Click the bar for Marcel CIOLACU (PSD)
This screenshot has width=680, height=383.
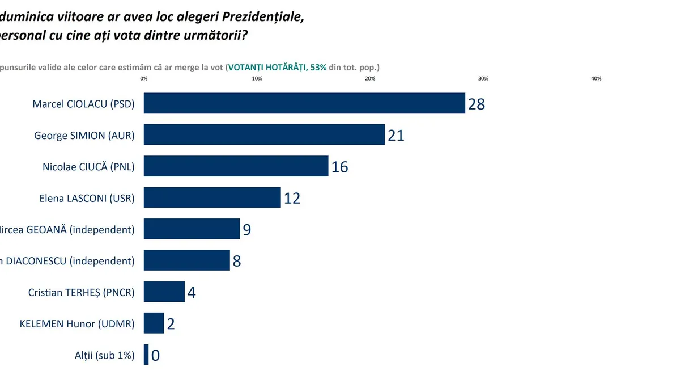point(304,103)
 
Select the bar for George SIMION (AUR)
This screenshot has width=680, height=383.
point(264,134)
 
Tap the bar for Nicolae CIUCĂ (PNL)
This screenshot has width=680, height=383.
point(236,166)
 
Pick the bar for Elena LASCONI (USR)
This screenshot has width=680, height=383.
point(212,197)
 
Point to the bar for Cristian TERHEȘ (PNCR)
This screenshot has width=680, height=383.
point(164,292)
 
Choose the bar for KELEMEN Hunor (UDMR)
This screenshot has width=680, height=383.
point(154,323)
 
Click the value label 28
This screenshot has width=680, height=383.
point(477,104)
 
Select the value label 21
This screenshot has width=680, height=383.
point(396,136)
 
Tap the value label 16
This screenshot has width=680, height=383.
point(339,167)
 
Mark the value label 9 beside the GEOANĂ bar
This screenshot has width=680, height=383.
point(246,230)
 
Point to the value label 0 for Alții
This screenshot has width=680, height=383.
point(155,356)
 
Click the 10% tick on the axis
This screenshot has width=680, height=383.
point(257,79)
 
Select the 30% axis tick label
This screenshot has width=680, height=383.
point(483,79)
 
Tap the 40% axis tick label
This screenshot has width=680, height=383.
point(596,79)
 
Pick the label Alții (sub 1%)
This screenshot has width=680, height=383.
point(105,355)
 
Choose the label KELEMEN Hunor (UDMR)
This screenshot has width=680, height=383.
point(77,324)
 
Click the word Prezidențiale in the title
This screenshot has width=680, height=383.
point(260,17)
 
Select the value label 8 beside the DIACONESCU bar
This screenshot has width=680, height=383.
point(236,262)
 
